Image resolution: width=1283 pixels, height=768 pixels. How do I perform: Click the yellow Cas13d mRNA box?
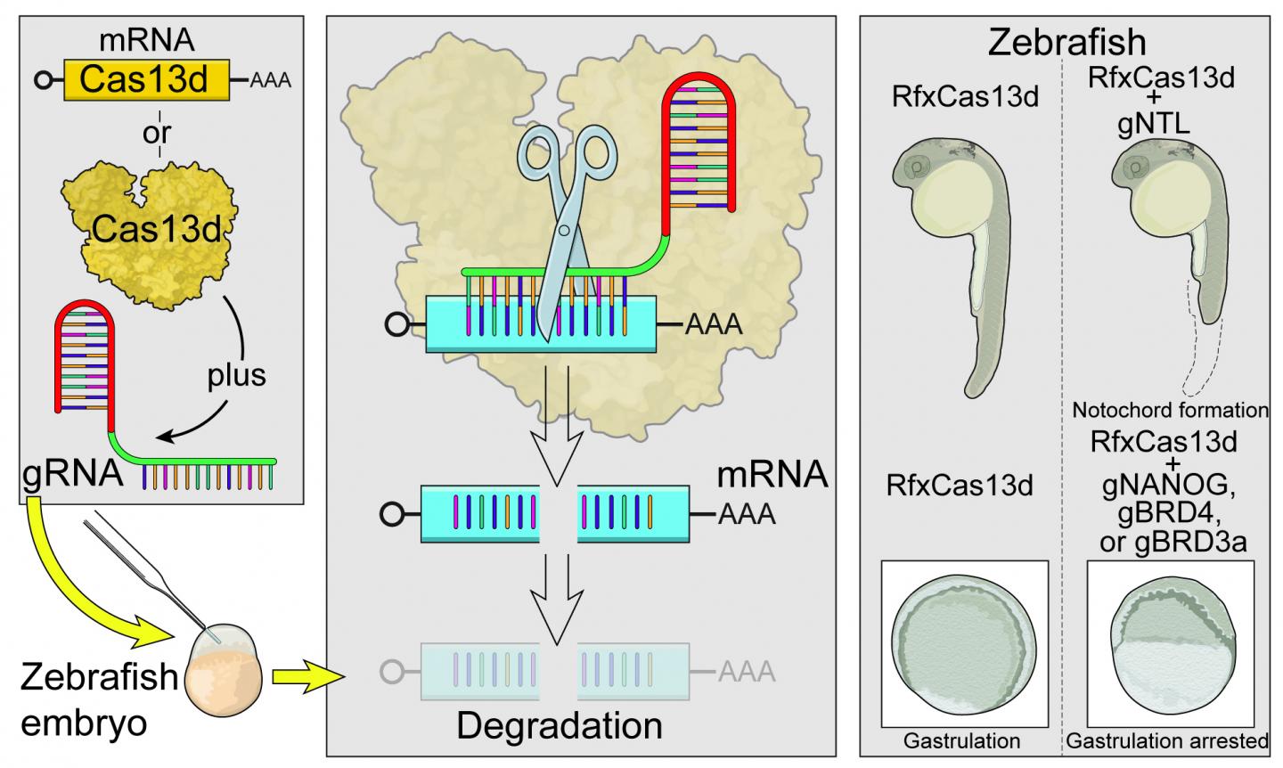pos(146,81)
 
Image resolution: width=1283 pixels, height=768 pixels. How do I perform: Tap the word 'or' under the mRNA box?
pos(157,134)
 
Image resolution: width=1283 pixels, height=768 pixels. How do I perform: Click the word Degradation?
pos(560,725)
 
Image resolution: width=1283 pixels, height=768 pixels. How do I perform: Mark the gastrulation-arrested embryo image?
pos(1170,642)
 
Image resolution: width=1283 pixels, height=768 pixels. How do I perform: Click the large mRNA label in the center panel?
pos(772,476)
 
